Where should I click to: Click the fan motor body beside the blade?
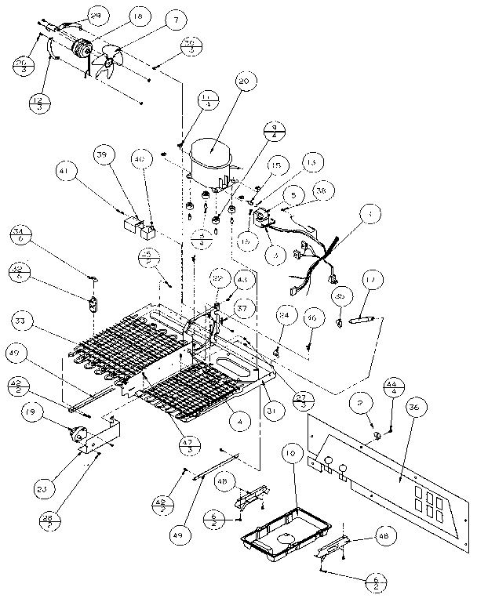tap(78, 50)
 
